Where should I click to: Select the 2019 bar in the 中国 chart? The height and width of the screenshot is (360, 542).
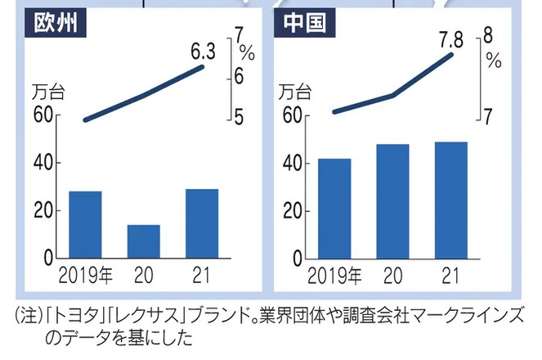tap(334, 208)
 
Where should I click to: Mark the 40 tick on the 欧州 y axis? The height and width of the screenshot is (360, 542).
tap(44, 163)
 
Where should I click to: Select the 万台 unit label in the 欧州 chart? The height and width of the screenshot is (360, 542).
tap(50, 92)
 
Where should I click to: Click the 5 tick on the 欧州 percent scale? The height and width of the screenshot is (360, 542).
tap(240, 118)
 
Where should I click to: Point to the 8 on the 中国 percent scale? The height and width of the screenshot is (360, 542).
tap(488, 35)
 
